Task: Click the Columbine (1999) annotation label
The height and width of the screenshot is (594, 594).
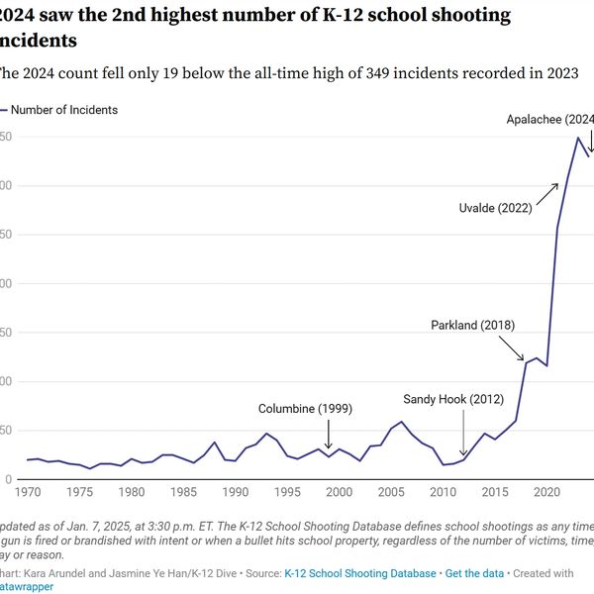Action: point(305,409)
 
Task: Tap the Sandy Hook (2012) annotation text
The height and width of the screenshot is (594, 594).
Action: point(453,399)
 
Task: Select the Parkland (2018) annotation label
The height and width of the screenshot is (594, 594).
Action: point(472,325)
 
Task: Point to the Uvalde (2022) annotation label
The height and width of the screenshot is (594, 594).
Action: point(496,208)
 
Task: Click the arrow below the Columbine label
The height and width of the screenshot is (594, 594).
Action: point(329,436)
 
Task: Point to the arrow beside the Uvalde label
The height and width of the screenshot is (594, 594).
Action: point(547,192)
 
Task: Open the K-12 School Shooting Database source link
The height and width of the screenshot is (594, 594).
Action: point(359,573)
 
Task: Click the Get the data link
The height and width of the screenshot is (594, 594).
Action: point(474,573)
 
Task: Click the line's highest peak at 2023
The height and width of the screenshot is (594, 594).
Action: point(578,138)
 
